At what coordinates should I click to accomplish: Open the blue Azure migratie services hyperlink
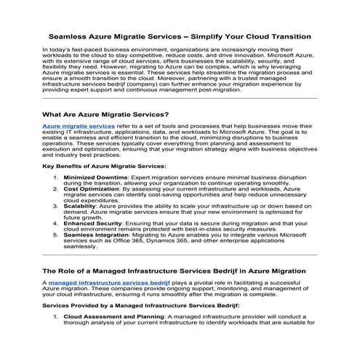[x=79, y=126]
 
